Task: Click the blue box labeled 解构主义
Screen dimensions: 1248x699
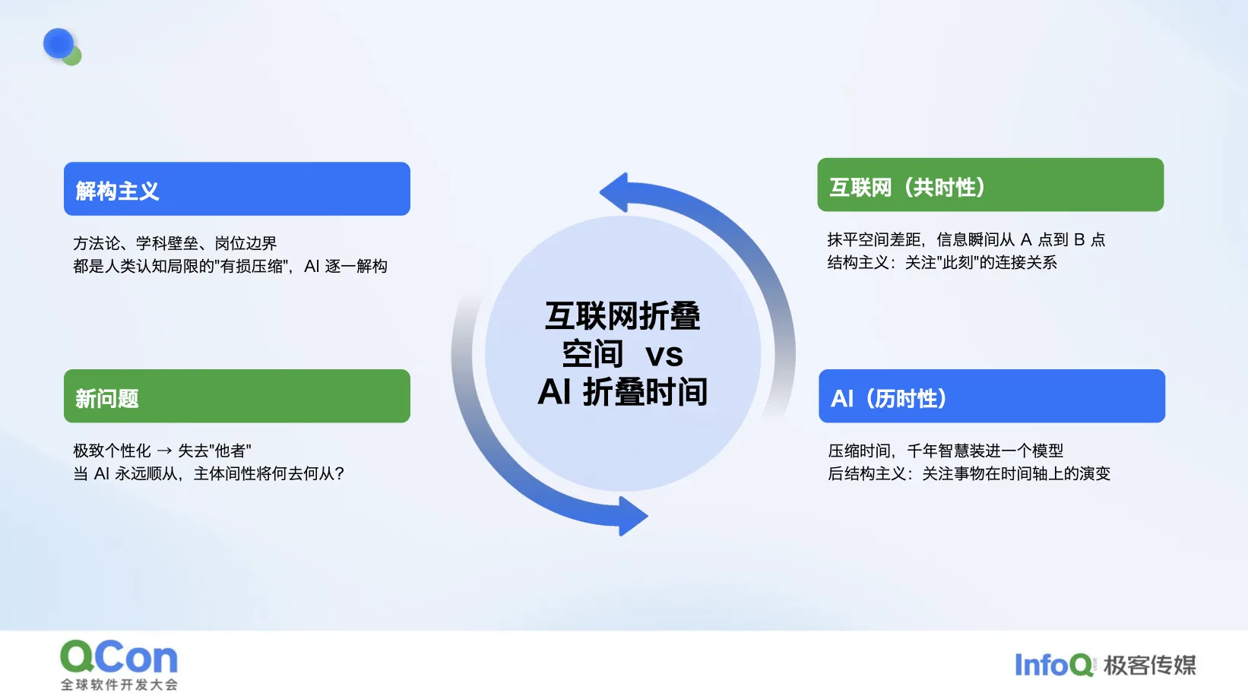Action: (x=237, y=189)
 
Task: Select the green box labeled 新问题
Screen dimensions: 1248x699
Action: (x=237, y=396)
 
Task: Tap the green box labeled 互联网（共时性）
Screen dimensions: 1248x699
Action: (x=990, y=185)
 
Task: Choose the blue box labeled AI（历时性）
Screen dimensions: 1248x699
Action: (x=992, y=396)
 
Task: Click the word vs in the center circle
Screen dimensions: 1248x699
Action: (x=664, y=355)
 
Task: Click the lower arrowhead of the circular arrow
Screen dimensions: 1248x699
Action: (x=633, y=517)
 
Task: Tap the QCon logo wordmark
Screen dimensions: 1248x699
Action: (x=119, y=657)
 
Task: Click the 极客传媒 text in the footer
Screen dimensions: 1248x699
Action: (x=1150, y=665)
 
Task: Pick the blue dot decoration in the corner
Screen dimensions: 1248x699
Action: (x=59, y=43)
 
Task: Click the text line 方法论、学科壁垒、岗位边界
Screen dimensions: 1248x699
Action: (x=175, y=243)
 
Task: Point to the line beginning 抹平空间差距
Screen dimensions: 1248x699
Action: (x=966, y=240)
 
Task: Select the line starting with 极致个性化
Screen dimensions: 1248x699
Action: (x=162, y=451)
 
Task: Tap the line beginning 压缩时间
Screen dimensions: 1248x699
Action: (x=946, y=451)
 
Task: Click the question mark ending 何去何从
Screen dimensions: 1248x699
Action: (x=340, y=474)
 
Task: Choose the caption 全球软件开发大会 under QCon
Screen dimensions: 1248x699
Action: (x=119, y=685)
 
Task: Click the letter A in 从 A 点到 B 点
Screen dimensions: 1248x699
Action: (x=1026, y=240)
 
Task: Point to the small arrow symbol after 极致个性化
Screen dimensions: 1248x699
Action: (x=164, y=451)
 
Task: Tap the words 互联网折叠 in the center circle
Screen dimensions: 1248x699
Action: (x=623, y=317)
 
